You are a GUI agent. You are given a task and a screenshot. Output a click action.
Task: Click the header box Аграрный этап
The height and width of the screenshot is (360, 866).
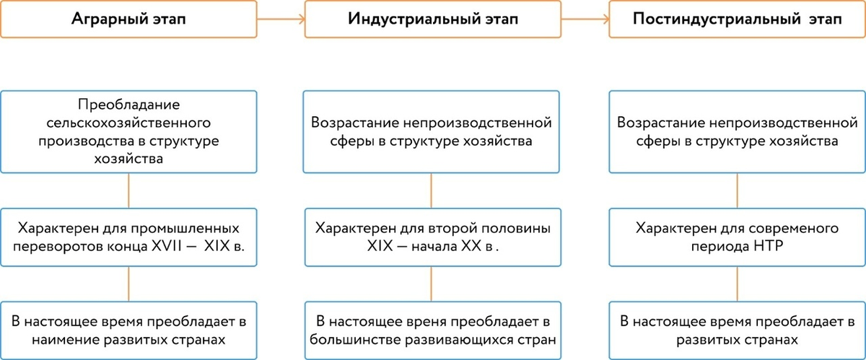click(128, 19)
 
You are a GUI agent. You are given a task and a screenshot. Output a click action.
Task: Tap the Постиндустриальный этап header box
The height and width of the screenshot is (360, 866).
click(736, 19)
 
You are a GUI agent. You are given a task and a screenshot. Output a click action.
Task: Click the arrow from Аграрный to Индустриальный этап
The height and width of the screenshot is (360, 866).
click(280, 19)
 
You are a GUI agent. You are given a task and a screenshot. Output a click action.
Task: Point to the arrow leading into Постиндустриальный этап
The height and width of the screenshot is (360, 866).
click(585, 19)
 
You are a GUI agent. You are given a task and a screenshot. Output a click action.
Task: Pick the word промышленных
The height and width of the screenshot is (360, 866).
click(203, 228)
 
